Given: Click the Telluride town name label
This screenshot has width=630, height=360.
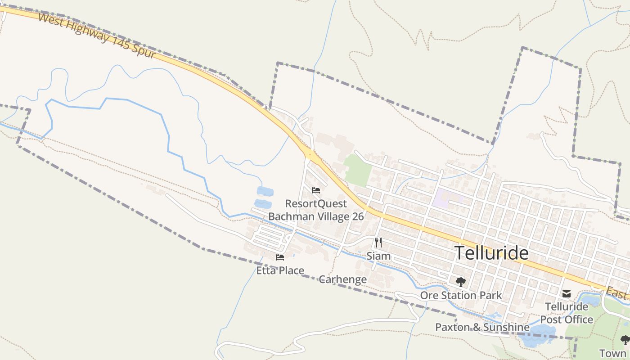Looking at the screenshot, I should (x=491, y=253).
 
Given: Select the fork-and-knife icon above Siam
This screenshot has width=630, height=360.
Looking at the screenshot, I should (x=378, y=243).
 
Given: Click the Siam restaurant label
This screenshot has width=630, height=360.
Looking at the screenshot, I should (x=378, y=256).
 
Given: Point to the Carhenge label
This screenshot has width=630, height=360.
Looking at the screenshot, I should (x=342, y=279).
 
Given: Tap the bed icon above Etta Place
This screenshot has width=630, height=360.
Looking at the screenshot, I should (x=280, y=257).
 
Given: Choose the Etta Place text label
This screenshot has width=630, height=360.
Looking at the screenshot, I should (x=280, y=270).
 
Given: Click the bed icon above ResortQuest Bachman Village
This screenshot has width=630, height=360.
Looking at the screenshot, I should (x=315, y=190).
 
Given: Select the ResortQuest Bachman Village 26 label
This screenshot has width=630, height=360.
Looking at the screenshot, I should (x=316, y=210).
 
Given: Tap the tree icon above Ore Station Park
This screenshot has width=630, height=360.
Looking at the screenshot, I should (x=460, y=282).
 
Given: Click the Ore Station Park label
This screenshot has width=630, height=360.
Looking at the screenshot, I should (x=460, y=296).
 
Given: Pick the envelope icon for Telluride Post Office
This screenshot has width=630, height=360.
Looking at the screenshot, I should (x=566, y=294).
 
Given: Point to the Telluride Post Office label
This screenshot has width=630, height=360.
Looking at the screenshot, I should (x=567, y=313).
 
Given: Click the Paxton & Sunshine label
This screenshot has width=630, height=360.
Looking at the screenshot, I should (x=482, y=327).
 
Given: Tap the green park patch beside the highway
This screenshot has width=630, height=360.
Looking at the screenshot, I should (x=358, y=170).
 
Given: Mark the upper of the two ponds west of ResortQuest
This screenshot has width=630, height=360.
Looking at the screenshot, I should (x=265, y=192).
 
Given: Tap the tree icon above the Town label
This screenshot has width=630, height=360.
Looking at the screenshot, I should (x=625, y=340).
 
